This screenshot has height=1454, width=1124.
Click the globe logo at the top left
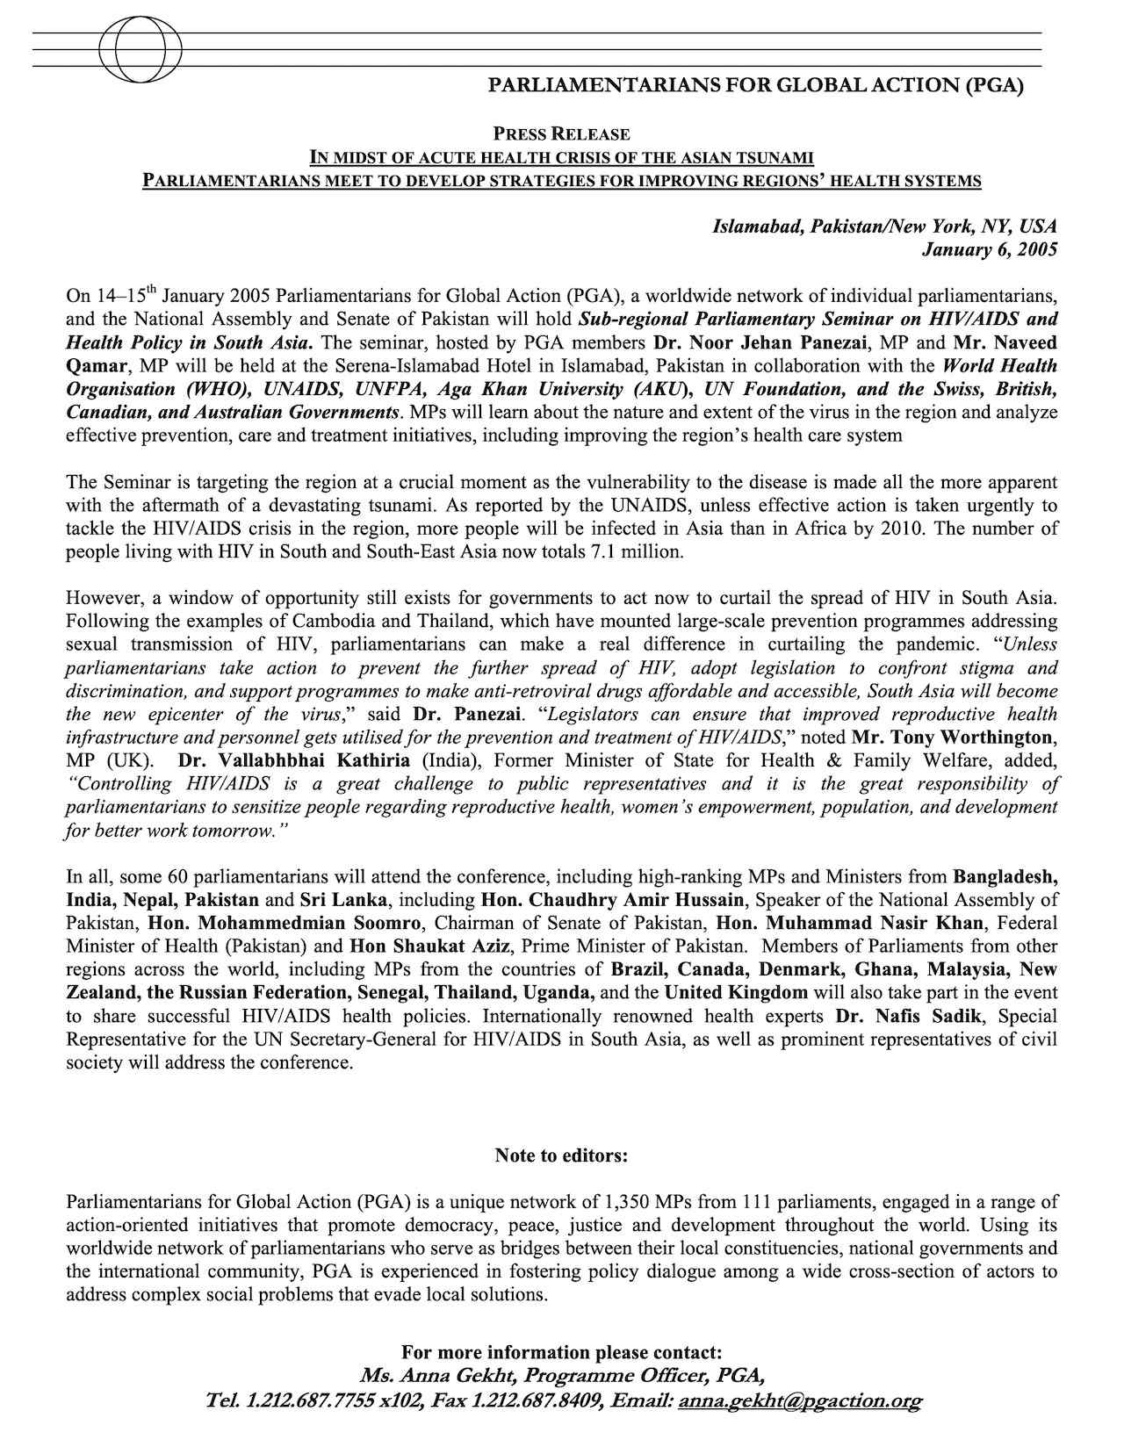(x=140, y=50)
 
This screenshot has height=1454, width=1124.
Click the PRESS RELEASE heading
(x=561, y=134)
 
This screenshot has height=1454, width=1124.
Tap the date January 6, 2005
(x=989, y=250)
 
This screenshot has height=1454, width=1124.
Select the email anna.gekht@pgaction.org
(x=799, y=1401)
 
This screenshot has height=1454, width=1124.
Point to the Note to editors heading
(x=561, y=1155)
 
